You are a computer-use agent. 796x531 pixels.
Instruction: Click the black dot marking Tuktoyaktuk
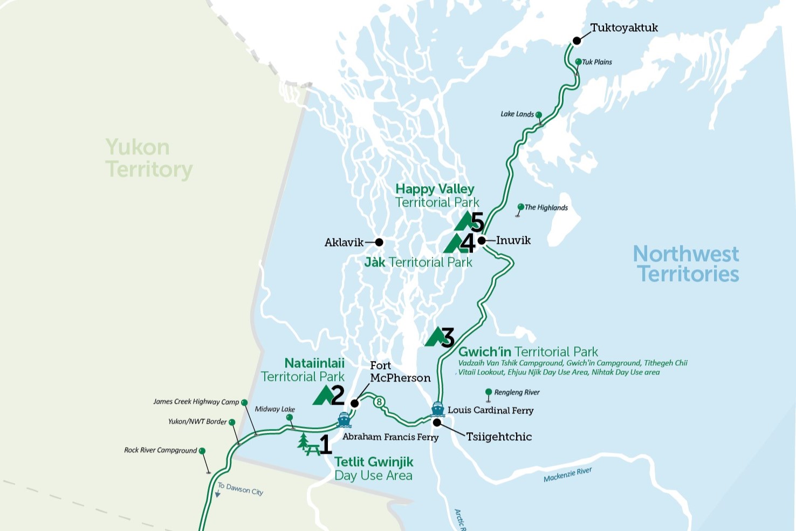[577, 40]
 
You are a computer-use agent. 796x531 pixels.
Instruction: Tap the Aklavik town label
[344, 242]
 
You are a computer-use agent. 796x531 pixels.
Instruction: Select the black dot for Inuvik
[482, 241]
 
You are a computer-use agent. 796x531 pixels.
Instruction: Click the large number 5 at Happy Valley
[477, 222]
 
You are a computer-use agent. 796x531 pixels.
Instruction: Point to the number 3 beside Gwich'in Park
[448, 338]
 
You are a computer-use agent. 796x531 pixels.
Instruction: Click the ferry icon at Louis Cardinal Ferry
[438, 409]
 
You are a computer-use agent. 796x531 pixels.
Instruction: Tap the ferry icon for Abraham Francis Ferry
[344, 419]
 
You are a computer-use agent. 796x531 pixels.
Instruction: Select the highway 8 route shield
[380, 401]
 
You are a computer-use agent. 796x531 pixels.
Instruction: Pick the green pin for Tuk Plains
[579, 62]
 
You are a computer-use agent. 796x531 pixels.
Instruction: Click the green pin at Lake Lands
[539, 115]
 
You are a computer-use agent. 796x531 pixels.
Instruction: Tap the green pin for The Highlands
[520, 207]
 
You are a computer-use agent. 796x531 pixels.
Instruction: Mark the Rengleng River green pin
[489, 392]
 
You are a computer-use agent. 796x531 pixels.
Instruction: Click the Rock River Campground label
[160, 450]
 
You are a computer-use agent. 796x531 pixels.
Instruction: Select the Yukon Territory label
[148, 158]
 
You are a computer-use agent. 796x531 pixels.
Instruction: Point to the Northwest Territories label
[686, 264]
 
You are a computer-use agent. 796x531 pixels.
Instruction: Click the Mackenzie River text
[567, 475]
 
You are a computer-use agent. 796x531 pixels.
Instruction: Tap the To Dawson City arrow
[218, 493]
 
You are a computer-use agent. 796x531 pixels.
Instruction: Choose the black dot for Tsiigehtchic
[437, 423]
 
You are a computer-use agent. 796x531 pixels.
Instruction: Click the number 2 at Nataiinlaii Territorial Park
[338, 395]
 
